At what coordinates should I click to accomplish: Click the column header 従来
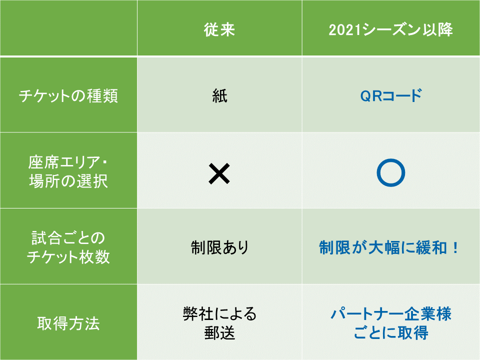[x=219, y=29]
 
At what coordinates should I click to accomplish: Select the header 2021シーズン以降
[x=390, y=29]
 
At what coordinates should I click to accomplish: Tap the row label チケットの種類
[x=68, y=95]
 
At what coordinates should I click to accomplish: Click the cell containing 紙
[x=219, y=95]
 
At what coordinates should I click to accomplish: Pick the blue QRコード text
[x=391, y=95]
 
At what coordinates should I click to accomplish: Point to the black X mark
[x=219, y=173]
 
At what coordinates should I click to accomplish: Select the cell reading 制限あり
[x=219, y=247]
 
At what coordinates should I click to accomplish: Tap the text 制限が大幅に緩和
[x=383, y=247]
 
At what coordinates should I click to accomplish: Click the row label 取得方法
[x=68, y=323]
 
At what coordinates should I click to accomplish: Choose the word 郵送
[x=219, y=333]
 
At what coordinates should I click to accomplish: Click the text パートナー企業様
[x=391, y=314]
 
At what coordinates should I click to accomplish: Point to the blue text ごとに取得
[x=391, y=333]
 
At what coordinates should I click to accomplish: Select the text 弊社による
[x=219, y=314]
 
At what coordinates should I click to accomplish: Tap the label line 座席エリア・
[x=68, y=162]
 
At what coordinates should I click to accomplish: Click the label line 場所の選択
[x=68, y=181]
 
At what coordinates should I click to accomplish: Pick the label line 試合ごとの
[x=68, y=238]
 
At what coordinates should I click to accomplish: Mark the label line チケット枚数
[x=68, y=256]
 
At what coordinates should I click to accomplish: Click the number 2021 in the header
[x=344, y=30]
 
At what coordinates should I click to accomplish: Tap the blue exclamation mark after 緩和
[x=455, y=247]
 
